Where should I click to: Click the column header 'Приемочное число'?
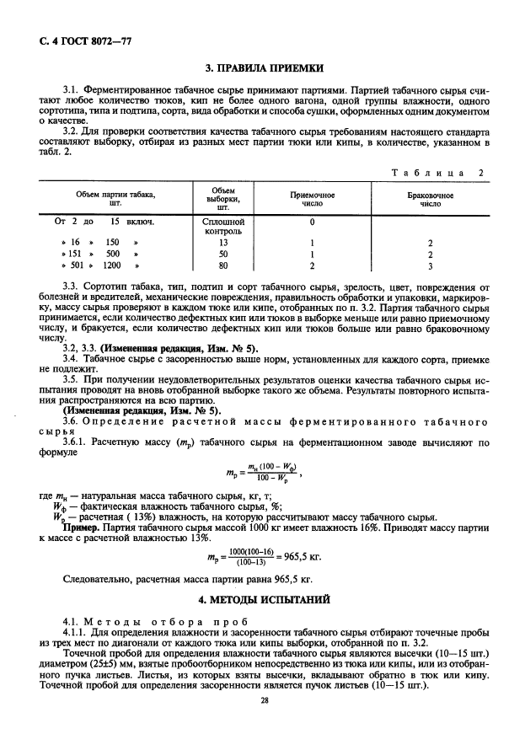coord(312,199)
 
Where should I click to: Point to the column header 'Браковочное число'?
coord(430,199)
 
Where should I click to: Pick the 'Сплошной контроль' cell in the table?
coord(223,225)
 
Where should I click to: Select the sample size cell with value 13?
coord(223,241)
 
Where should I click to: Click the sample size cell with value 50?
coord(223,253)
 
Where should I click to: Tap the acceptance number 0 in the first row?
coord(312,222)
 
